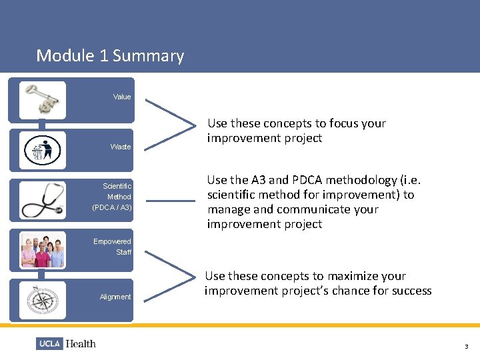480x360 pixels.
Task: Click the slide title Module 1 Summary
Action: point(110,55)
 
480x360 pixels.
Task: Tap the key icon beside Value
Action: point(43,99)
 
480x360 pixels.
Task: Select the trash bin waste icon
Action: point(43,149)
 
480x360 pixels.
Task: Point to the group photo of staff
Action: point(43,250)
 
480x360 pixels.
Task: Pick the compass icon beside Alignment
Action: point(43,300)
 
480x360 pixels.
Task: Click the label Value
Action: point(122,97)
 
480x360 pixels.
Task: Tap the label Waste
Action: point(121,147)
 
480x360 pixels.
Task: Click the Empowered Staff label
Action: point(113,247)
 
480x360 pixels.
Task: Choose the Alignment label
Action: point(115,297)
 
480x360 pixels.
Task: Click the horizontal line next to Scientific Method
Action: point(170,200)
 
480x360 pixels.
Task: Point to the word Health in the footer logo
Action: point(81,344)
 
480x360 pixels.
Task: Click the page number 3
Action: point(467,347)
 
